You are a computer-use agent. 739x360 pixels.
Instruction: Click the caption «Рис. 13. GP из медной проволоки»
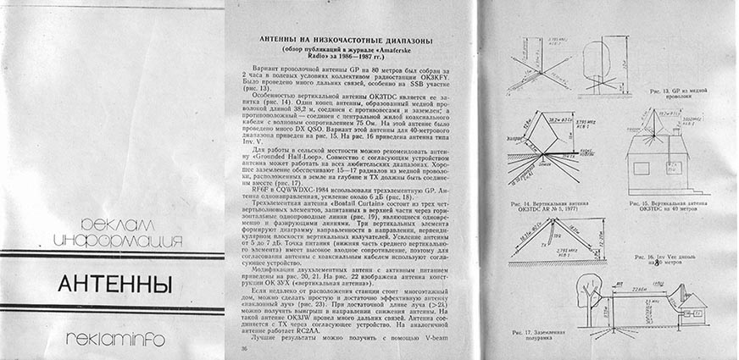(x=668, y=92)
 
